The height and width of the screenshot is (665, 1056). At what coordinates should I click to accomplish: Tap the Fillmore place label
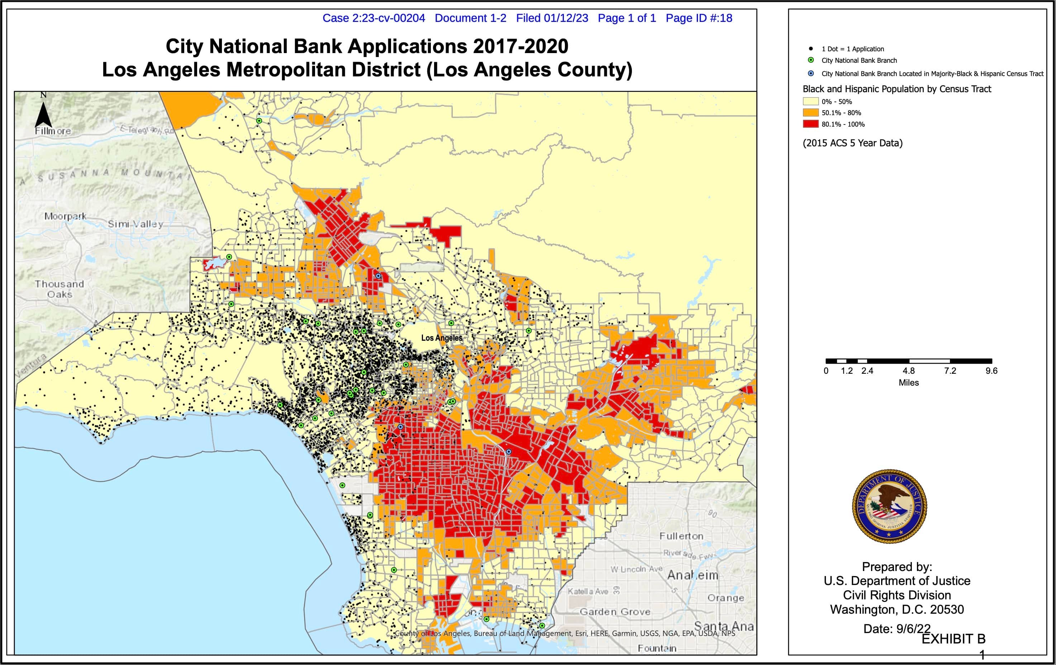tap(53, 131)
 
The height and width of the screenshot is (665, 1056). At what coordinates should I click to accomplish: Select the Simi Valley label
tap(135, 224)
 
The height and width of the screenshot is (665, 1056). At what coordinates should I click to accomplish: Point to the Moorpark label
tap(65, 216)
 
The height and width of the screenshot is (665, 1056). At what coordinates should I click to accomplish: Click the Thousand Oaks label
tap(60, 289)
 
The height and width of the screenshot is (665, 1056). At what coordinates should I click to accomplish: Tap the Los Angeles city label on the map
tap(442, 338)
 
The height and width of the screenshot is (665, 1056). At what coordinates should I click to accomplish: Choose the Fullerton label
tap(681, 536)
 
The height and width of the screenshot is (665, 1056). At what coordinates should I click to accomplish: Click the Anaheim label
tap(693, 575)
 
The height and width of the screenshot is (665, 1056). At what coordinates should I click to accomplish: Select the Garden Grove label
tap(615, 612)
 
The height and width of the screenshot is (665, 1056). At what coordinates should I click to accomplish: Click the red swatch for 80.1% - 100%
tap(810, 124)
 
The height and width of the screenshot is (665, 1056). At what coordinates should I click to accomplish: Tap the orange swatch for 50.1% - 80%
tap(810, 113)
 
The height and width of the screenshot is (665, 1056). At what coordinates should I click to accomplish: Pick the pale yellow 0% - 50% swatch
tap(810, 102)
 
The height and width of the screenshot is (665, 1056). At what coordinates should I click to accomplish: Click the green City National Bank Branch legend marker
tap(811, 60)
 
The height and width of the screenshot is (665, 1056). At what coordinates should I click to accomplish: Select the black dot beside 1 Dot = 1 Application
tap(811, 49)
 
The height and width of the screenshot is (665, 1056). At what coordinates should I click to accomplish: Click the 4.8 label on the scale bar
tap(908, 371)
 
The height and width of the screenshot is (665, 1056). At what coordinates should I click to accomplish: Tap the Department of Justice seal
tap(889, 506)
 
